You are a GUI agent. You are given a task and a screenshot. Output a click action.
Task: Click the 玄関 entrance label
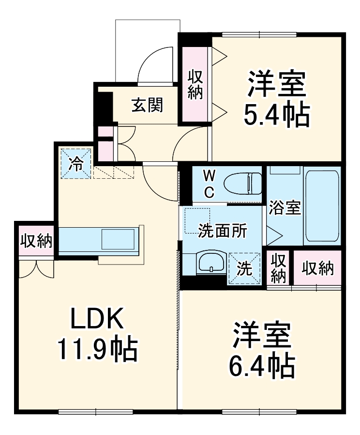147,105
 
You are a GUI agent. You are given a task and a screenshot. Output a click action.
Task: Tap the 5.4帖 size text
276,114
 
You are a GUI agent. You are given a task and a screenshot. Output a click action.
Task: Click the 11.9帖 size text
98,348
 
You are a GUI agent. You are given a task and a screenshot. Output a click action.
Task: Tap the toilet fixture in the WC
243,183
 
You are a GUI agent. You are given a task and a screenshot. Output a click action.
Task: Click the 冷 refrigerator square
75,163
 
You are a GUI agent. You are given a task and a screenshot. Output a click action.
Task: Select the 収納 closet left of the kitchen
36,240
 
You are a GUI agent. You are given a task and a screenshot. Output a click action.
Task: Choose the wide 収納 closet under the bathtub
318,268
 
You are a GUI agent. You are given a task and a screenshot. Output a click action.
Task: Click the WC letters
208,183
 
